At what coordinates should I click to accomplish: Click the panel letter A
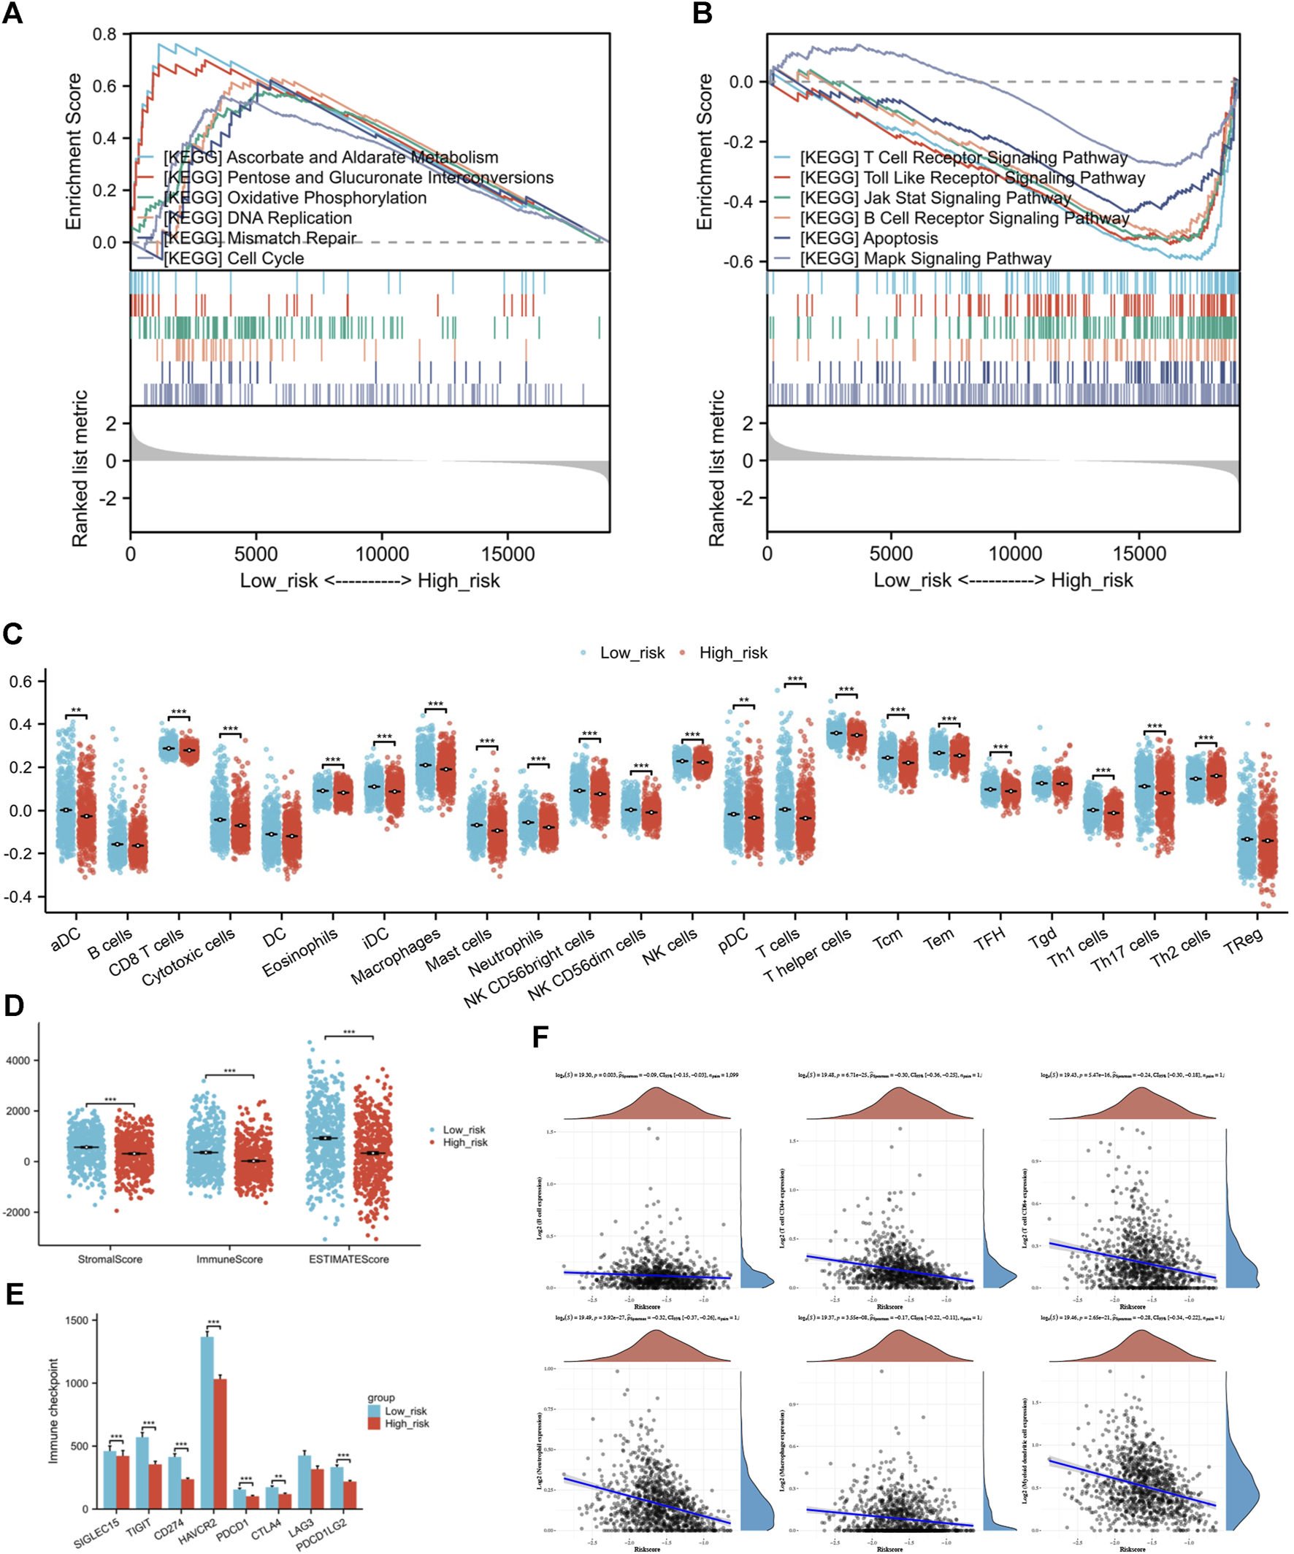(x=12, y=13)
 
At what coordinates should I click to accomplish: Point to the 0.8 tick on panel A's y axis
(x=105, y=34)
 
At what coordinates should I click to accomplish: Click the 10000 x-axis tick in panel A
(x=382, y=553)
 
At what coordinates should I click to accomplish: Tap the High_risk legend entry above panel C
(x=733, y=653)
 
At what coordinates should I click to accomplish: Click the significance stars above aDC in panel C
(x=75, y=712)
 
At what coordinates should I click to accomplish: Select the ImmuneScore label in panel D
(x=229, y=1258)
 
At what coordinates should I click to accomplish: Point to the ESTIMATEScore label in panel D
(x=348, y=1258)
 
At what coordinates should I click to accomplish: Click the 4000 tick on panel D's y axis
(x=18, y=1061)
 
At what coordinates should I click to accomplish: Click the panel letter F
(x=540, y=1036)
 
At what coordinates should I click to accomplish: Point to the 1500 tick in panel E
(x=76, y=1320)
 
